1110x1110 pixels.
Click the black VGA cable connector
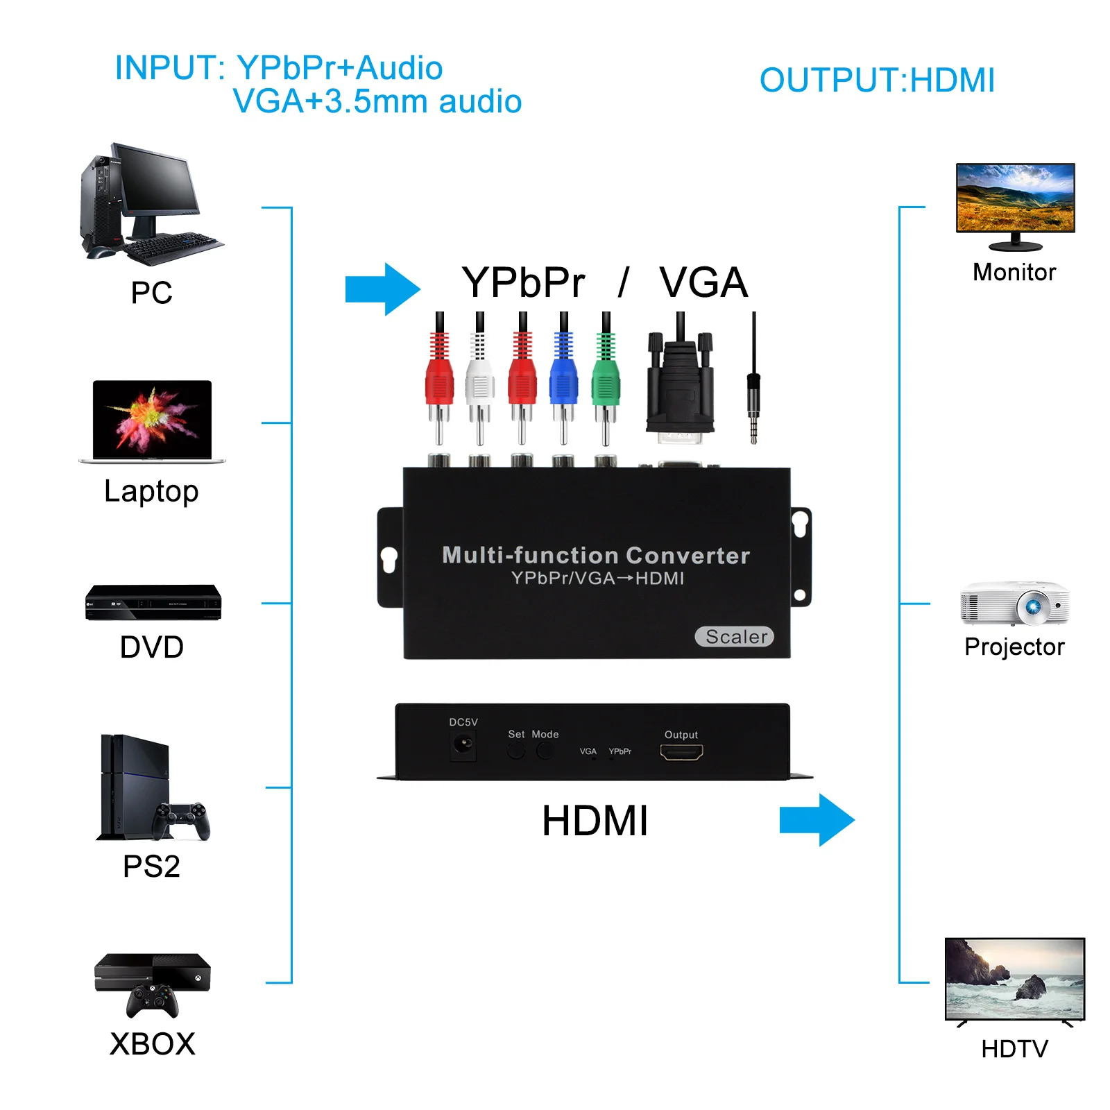pos(680,388)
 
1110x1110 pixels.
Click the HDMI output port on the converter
pos(681,752)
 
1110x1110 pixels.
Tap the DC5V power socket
pos(463,746)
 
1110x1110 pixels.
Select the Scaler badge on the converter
pos(734,636)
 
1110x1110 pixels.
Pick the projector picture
pos(1014,604)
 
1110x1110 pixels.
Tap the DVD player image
pos(153,602)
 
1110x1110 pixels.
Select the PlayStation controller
pos(181,820)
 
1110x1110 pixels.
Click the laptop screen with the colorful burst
pos(153,418)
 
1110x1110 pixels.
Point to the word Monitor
pos(1014,272)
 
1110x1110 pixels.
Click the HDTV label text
pos(1014,1048)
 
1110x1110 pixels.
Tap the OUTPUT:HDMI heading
pos(877,80)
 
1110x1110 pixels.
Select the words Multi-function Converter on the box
pos(596,555)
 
